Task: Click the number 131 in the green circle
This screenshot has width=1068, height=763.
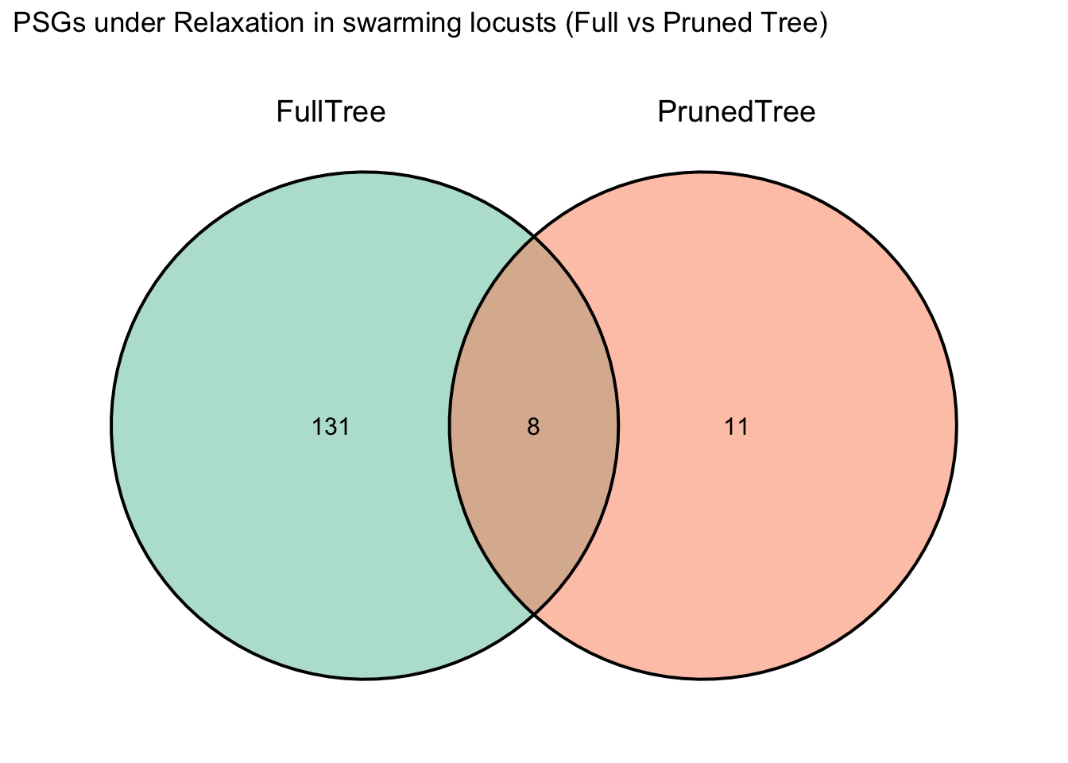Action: [x=331, y=427]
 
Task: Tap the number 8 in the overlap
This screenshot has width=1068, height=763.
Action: [x=533, y=427]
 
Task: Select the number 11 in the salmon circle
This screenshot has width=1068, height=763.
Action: [x=737, y=427]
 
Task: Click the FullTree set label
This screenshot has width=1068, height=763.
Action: [x=331, y=112]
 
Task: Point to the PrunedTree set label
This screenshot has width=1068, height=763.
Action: [x=737, y=112]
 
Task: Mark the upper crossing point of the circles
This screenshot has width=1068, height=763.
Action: [x=534, y=236]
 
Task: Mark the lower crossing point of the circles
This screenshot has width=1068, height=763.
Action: [x=534, y=614]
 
